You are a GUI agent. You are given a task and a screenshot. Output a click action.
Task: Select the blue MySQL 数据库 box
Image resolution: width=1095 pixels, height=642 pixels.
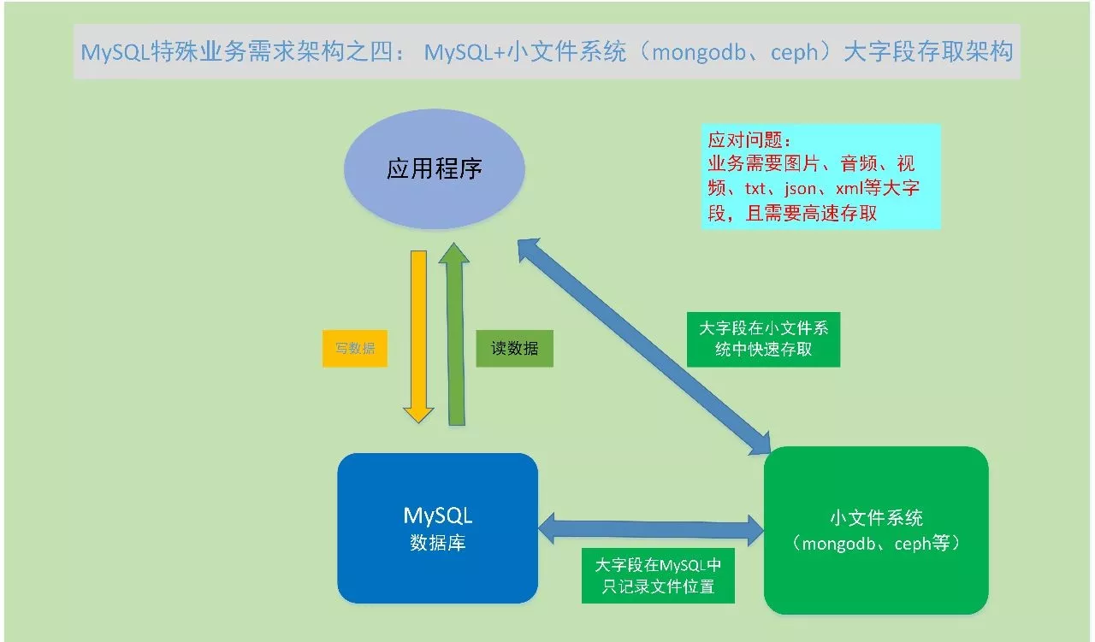437,527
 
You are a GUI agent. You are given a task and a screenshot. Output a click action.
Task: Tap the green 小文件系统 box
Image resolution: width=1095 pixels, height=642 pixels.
876,530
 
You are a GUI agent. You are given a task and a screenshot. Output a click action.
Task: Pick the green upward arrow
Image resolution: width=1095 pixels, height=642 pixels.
455,333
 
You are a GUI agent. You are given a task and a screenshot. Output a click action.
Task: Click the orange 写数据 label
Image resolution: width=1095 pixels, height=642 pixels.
354,349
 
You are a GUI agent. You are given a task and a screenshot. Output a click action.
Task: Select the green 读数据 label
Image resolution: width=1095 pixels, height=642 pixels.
514,349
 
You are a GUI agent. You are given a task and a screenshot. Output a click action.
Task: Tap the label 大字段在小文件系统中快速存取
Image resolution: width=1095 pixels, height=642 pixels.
763,339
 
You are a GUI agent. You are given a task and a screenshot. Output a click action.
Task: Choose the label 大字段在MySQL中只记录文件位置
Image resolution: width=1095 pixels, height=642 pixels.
658,575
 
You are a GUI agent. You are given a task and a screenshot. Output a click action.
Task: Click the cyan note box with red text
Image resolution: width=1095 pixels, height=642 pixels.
820,177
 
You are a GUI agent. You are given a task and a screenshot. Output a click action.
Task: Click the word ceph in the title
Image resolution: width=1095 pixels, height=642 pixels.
798,53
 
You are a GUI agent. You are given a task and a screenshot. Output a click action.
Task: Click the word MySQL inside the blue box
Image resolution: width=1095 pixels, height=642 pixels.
437,515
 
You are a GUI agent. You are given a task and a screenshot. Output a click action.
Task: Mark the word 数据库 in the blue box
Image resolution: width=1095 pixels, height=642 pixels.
437,543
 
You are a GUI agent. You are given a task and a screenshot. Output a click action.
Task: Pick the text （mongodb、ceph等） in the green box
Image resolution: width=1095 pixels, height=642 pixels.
876,544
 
